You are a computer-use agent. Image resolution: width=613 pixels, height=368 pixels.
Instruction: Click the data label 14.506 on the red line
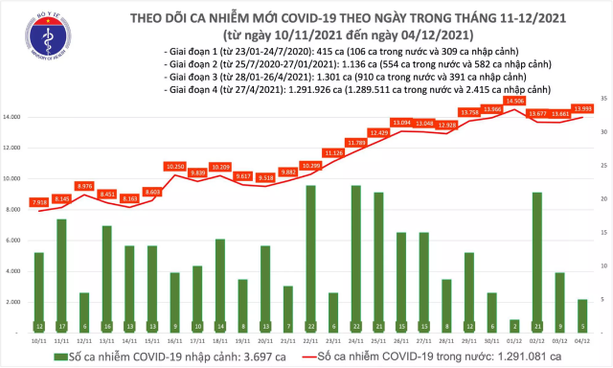[x=514, y=100]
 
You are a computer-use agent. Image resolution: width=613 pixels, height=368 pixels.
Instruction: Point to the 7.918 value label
[x=38, y=202]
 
